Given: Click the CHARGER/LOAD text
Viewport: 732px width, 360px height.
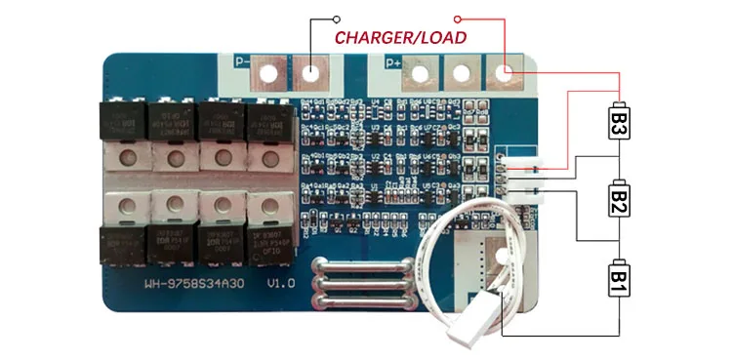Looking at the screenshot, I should tap(400, 38).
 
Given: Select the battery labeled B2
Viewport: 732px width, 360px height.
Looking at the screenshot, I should tap(619, 201).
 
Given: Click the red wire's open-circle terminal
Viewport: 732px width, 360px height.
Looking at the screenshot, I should tap(459, 18).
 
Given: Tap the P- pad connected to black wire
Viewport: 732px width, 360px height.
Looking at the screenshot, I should tap(310, 72).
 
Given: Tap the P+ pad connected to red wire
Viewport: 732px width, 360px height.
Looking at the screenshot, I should tap(504, 72).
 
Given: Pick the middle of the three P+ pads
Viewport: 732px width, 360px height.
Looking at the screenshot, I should tap(464, 72).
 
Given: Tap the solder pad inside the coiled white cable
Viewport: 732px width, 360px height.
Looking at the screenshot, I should tap(503, 256).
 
